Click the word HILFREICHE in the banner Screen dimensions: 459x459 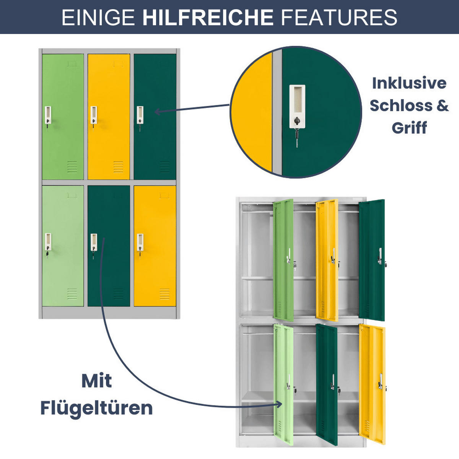208,17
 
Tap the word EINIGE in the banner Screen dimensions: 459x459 98,17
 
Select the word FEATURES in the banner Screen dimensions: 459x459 339,17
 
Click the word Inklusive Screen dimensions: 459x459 409,83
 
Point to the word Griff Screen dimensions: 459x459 409,128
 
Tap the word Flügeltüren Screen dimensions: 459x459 96,408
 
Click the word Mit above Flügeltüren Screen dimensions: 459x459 96,381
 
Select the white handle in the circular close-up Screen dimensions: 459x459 297,106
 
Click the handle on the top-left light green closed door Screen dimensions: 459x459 48,115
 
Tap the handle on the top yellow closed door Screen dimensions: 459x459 94,115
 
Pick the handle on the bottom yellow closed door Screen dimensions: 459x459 140,243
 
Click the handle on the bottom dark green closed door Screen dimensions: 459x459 94,243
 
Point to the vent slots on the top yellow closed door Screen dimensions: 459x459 118,167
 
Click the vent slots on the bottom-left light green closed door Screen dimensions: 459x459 72,294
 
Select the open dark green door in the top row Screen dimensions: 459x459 372,260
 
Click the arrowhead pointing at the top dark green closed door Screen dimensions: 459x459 158,111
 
